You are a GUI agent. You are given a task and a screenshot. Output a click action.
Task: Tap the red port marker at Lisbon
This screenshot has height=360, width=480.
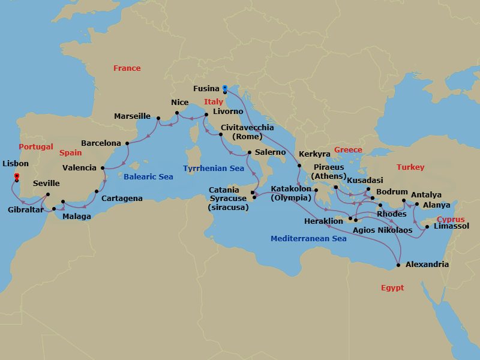[16, 176]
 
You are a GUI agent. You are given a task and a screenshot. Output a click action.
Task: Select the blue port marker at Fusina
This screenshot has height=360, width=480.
[224, 88]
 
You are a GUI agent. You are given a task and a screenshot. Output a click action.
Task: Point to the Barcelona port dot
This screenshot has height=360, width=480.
[127, 143]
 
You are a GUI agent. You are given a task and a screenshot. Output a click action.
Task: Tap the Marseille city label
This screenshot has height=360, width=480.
[133, 116]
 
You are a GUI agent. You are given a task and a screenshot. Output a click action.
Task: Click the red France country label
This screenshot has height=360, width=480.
[127, 68]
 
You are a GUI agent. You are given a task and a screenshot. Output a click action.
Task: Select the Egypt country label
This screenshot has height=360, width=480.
[392, 288]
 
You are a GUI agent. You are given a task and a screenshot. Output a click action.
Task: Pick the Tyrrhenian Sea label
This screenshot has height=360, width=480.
[214, 169]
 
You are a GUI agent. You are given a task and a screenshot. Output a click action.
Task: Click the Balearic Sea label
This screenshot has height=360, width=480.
[148, 177]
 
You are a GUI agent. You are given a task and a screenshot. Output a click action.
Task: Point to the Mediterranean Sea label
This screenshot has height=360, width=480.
[308, 239]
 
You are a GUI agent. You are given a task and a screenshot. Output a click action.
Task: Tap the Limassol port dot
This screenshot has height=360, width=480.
[427, 227]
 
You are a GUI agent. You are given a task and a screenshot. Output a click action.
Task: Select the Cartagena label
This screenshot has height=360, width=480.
[122, 199]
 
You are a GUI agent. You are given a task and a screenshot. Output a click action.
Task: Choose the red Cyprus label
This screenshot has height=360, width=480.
[451, 220]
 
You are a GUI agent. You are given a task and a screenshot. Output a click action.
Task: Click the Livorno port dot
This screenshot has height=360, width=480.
[206, 115]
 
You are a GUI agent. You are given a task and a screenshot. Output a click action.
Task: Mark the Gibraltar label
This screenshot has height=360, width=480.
[25, 210]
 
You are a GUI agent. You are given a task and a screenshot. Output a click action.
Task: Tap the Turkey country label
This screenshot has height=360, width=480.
[410, 167]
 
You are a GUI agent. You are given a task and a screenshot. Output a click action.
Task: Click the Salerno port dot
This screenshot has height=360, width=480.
[249, 152]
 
